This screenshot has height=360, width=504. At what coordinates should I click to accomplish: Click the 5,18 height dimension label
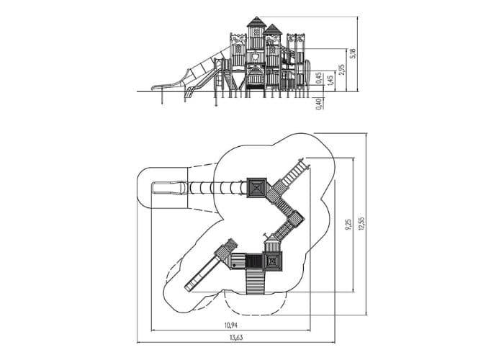pos(354,53)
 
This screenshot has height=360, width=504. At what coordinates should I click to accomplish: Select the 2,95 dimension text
pos(341,70)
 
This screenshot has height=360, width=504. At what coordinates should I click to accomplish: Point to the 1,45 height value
pos(330,81)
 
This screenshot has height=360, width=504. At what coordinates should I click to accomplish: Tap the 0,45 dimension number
pos(318,78)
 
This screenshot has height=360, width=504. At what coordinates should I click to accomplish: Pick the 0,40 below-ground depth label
pos(318,104)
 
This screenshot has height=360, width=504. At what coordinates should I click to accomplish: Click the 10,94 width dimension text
pos(231,325)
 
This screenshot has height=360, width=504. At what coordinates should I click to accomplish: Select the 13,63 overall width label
pos(236,338)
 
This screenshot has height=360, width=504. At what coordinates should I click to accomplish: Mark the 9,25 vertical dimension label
pos(348,225)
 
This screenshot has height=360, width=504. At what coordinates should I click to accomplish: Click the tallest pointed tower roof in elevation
pos(257,22)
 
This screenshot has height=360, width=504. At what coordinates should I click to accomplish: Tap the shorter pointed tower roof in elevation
pos(273,29)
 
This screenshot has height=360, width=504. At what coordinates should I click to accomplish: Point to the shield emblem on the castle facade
pos(256,57)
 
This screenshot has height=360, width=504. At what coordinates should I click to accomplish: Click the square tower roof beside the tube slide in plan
pos(257,187)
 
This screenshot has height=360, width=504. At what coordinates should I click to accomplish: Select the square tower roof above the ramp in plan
pos(273,261)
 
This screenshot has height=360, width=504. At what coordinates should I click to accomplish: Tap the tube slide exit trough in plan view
pos(168,188)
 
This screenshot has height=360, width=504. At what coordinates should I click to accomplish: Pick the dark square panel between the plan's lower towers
pos(254,261)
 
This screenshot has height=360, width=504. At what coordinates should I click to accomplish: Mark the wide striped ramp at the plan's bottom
pos(256,282)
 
